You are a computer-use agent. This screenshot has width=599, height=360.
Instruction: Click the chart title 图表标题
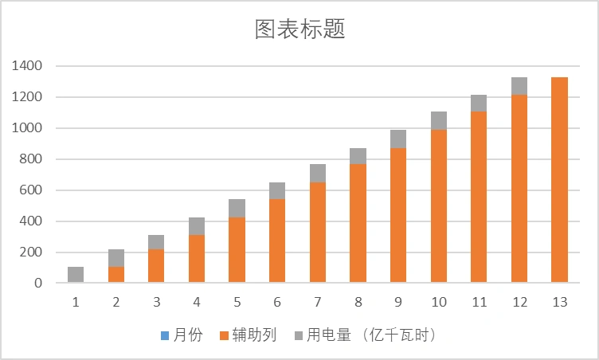point(299,29)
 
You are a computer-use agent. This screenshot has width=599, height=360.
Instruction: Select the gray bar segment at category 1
point(76,275)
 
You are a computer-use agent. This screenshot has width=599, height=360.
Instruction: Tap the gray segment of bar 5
point(237,208)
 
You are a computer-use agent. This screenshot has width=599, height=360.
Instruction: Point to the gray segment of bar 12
point(519,86)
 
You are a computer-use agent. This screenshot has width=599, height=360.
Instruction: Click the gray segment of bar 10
point(439,120)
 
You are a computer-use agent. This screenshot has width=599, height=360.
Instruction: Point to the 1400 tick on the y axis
point(29,66)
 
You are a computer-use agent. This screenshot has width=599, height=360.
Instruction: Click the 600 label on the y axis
point(33,190)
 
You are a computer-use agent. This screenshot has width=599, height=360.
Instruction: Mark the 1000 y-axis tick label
point(29,128)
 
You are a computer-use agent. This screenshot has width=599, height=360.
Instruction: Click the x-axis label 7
point(318,302)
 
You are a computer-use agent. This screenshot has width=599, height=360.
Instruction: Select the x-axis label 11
point(479,302)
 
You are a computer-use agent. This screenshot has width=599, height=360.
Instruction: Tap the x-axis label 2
point(116,302)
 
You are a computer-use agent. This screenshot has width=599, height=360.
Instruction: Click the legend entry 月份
point(188,335)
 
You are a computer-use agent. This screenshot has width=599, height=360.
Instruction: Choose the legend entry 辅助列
point(254,335)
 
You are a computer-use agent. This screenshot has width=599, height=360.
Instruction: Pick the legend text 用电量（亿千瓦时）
point(374,335)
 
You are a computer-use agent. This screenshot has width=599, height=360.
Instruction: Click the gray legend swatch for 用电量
point(299,335)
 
